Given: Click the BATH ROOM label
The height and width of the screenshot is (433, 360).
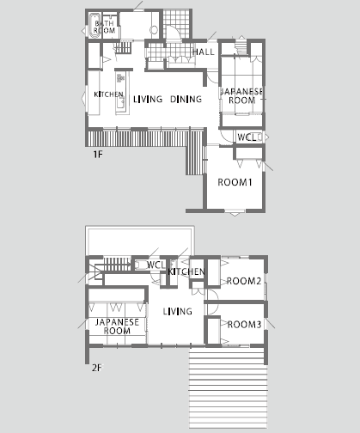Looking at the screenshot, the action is tap(105, 27).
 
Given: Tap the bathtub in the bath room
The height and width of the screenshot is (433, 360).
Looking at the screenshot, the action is tap(95, 25).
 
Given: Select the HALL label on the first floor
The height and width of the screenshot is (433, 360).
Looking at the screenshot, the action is tap(204, 52).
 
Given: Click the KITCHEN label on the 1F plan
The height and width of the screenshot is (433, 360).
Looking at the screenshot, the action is tap(108, 94).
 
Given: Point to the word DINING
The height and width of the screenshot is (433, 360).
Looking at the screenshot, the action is tap(186, 99).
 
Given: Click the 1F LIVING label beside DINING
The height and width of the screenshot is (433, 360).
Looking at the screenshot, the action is tap(148, 99).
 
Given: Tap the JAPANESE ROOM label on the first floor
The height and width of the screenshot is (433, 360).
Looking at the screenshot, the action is tap(241, 95).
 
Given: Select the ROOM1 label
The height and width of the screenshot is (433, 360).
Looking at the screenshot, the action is tap(235, 182).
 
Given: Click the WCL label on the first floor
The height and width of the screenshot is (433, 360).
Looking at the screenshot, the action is tap(247, 137).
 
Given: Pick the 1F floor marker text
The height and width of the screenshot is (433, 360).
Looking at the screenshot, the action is tap(98, 155).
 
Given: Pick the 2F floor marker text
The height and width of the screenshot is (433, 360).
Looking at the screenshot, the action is tap(97, 368).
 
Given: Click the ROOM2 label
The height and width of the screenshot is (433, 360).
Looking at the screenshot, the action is tap(244, 281).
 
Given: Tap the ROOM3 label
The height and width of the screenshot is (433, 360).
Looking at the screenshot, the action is tap(244, 325).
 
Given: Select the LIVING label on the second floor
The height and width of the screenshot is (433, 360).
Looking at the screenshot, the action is tap(178, 311).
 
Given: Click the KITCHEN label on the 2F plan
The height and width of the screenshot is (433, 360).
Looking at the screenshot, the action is tap(186, 271).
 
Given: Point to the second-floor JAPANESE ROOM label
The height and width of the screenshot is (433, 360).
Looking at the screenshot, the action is tap(117, 326).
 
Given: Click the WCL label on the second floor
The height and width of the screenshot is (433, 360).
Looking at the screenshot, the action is tap(156, 265).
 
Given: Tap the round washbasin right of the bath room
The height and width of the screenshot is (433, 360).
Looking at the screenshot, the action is tap(154, 30).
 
